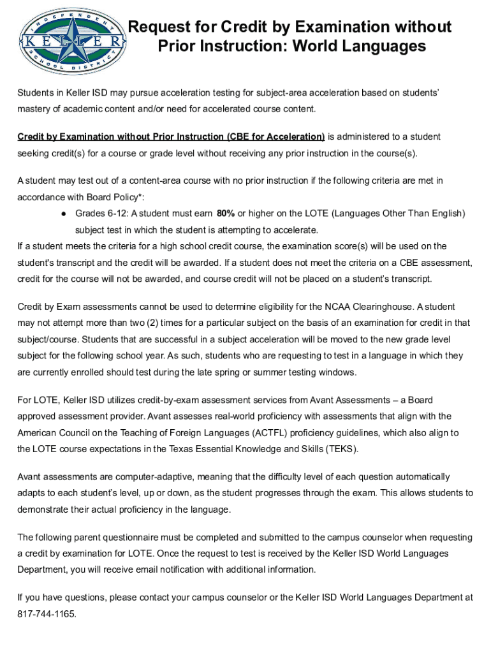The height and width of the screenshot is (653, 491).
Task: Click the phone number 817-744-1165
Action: click(x=47, y=614)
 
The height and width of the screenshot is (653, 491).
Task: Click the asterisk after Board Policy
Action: click(x=150, y=196)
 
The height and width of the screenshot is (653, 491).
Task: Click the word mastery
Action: click(x=33, y=108)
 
